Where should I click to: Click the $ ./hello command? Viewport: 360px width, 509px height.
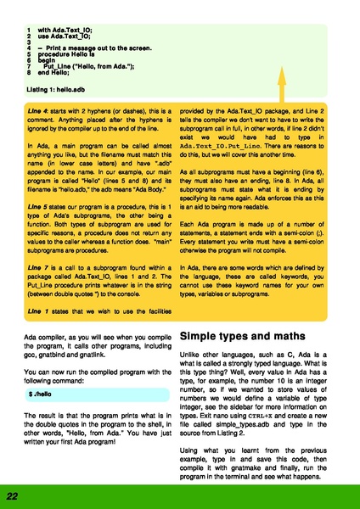pos(40,396)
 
